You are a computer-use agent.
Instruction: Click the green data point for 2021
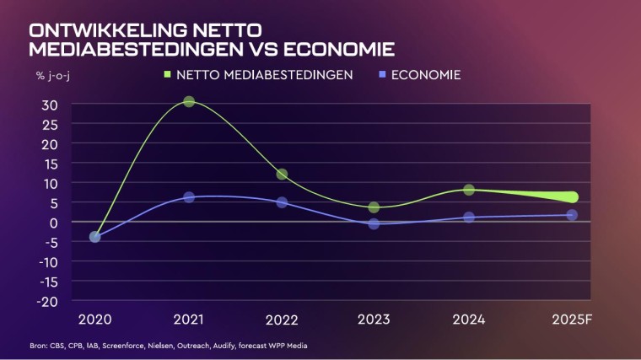(189, 102)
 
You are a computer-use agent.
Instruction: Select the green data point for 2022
(282, 175)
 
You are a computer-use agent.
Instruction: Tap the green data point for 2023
(374, 207)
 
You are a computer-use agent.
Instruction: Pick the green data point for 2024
(469, 190)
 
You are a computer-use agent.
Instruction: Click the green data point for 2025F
(572, 197)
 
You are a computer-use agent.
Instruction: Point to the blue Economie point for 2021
(189, 197)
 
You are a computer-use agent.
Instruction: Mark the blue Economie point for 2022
(282, 202)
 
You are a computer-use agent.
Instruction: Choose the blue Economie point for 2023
(374, 224)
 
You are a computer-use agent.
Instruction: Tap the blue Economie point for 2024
(469, 218)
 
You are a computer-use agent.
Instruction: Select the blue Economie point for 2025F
(572, 215)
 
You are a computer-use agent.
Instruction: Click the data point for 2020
(95, 237)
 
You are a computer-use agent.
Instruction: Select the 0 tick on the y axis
(52, 223)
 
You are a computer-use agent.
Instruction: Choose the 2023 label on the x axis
(374, 321)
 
